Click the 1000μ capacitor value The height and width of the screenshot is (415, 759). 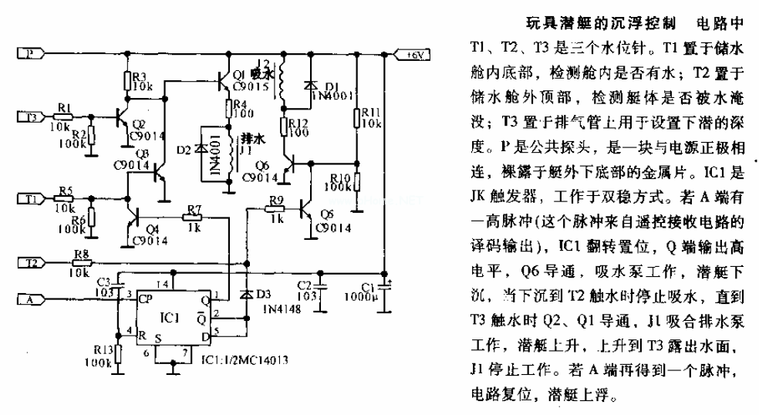click(376, 296)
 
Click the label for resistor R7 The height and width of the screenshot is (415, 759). click(193, 210)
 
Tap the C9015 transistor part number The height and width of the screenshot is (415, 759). click(247, 86)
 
